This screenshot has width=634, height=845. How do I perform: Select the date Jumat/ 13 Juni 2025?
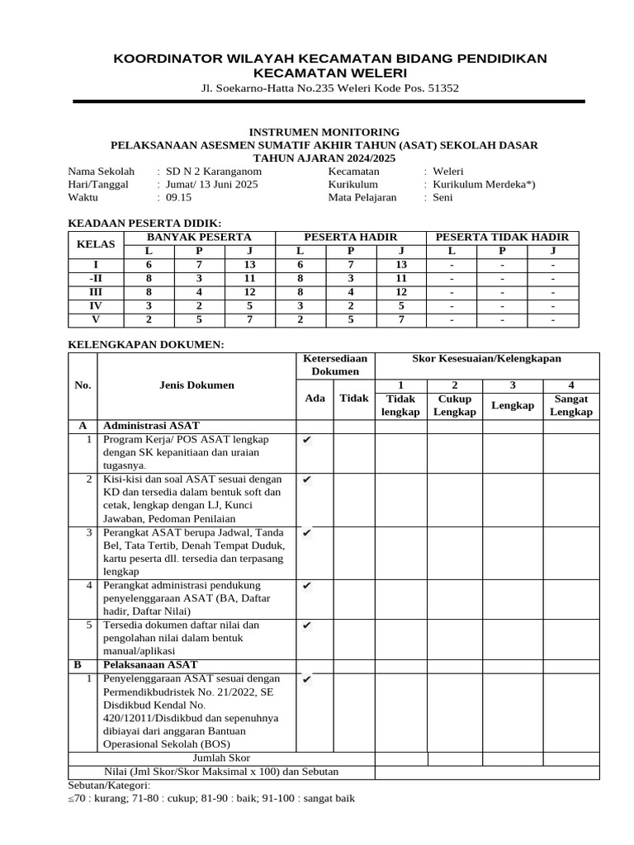pyautogui.click(x=211, y=184)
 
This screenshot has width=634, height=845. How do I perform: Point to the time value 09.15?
pyautogui.click(x=179, y=197)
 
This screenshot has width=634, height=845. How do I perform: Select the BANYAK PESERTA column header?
pyautogui.click(x=199, y=237)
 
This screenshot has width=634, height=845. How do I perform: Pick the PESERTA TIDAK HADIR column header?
pyautogui.click(x=502, y=237)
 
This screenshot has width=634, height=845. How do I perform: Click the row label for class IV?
pyautogui.click(x=95, y=305)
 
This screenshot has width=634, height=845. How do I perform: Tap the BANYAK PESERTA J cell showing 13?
pyautogui.click(x=250, y=264)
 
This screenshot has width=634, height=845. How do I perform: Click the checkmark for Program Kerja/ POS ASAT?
pyautogui.click(x=306, y=440)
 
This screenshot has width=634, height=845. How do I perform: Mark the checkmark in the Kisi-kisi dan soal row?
pyautogui.click(x=306, y=479)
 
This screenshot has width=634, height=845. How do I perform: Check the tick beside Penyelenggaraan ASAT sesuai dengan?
pyautogui.click(x=306, y=679)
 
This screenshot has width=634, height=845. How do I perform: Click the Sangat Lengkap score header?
pyautogui.click(x=570, y=405)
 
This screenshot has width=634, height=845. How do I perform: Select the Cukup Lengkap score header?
pyautogui.click(x=454, y=405)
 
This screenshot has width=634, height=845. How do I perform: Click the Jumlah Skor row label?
pyautogui.click(x=221, y=757)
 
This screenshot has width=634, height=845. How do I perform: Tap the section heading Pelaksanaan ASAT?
pyautogui.click(x=150, y=663)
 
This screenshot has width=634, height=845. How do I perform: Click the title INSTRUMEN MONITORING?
pyautogui.click(x=324, y=131)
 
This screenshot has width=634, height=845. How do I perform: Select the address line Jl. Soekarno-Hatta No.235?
pyautogui.click(x=329, y=88)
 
